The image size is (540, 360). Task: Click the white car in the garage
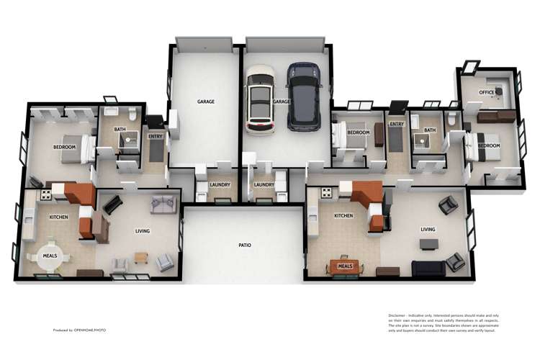pyautogui.click(x=259, y=99)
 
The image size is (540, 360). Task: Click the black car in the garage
pyautogui.click(x=304, y=96)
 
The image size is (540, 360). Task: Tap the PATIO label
pyautogui.click(x=245, y=246)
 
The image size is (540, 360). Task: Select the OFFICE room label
pyautogui.click(x=487, y=92)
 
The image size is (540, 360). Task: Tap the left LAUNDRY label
pyautogui.click(x=220, y=185)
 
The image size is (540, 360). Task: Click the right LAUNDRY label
pyautogui.click(x=264, y=185)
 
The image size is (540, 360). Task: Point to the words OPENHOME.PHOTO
pyautogui.click(x=90, y=330)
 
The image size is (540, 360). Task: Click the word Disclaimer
pyautogui.click(x=397, y=315)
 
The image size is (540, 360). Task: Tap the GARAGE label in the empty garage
pyautogui.click(x=206, y=102)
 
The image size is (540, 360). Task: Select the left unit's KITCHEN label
pyautogui.click(x=58, y=217)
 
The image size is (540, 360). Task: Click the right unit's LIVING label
pyautogui.click(x=429, y=230)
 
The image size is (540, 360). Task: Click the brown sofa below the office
pyautogui.click(x=496, y=115)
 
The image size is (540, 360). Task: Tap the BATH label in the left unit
pyautogui.click(x=120, y=130)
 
